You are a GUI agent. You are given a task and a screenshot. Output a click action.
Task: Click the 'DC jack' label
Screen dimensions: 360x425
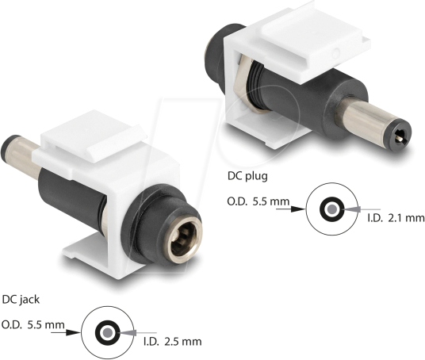click(x=21, y=301)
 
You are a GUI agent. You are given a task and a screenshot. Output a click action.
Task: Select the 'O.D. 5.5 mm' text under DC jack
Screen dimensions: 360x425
click(x=33, y=324)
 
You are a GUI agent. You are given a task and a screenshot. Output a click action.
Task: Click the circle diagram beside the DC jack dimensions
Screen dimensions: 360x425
click(x=105, y=331)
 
